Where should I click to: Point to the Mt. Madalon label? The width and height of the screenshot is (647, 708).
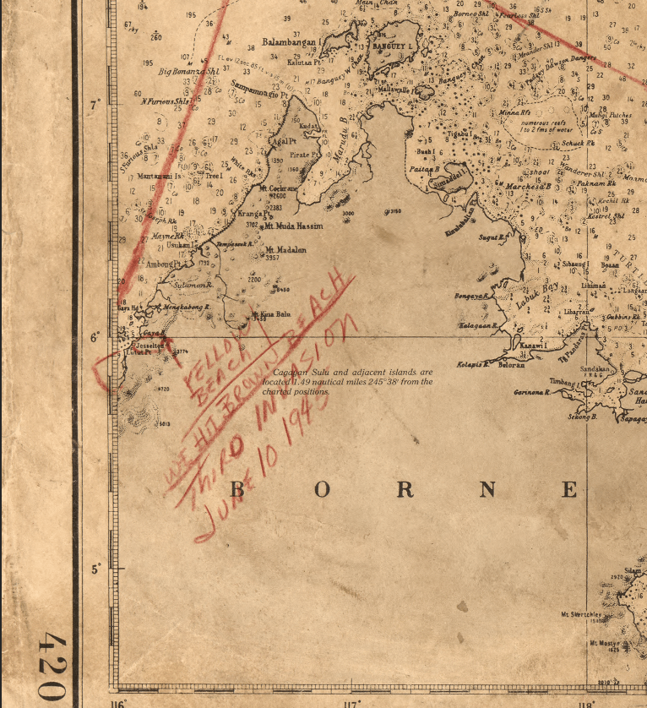pos(285,250)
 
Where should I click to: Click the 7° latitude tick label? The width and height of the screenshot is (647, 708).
pos(95,105)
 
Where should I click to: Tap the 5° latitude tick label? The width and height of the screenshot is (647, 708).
pos(95,569)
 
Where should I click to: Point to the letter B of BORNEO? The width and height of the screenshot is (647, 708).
pos(239,489)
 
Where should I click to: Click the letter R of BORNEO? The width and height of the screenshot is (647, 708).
pos(405,489)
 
